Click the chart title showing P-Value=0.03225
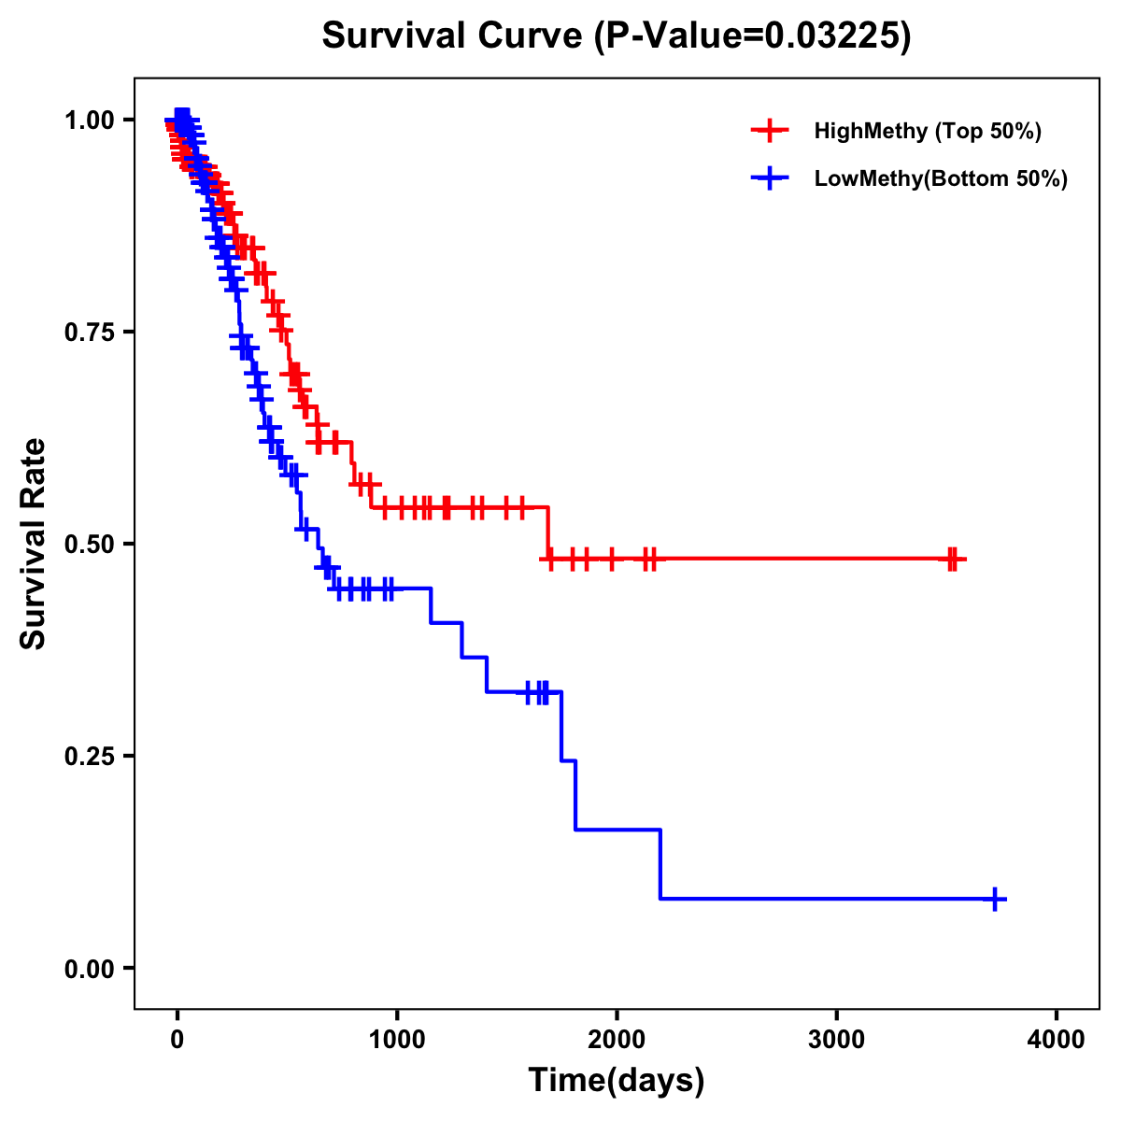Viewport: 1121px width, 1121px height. (x=617, y=35)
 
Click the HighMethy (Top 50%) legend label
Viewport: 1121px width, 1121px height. (x=927, y=131)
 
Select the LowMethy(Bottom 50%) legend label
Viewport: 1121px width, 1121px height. (x=941, y=178)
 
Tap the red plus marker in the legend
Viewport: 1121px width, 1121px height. (x=770, y=131)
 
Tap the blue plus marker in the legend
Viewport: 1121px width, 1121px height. (x=770, y=178)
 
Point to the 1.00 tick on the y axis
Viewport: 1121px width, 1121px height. (x=88, y=120)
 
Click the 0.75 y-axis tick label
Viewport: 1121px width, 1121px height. (x=88, y=332)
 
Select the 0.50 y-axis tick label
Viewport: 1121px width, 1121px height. (x=88, y=544)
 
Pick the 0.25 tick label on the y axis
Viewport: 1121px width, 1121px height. (x=88, y=756)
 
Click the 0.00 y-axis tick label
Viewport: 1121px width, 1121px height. (x=88, y=968)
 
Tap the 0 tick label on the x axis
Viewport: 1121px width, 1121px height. (x=177, y=1040)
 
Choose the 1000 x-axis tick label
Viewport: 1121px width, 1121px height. (x=397, y=1040)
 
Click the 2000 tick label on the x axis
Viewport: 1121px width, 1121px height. (x=617, y=1040)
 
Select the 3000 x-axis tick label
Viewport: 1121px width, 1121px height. (x=837, y=1040)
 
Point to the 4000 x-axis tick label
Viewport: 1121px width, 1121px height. (x=1057, y=1040)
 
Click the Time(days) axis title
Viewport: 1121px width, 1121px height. (x=617, y=1081)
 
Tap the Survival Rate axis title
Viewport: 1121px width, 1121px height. (x=34, y=544)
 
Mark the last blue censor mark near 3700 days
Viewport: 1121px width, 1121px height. (x=996, y=899)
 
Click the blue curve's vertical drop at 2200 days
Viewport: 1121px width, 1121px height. (x=660, y=864)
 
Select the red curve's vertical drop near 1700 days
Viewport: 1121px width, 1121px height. (x=547, y=533)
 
